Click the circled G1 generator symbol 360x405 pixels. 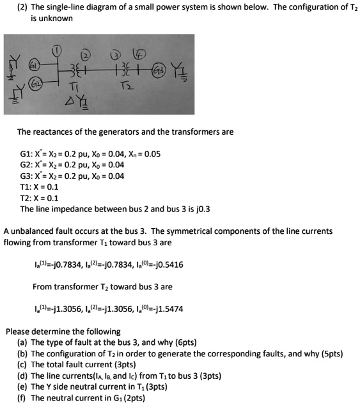tap(37, 65)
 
